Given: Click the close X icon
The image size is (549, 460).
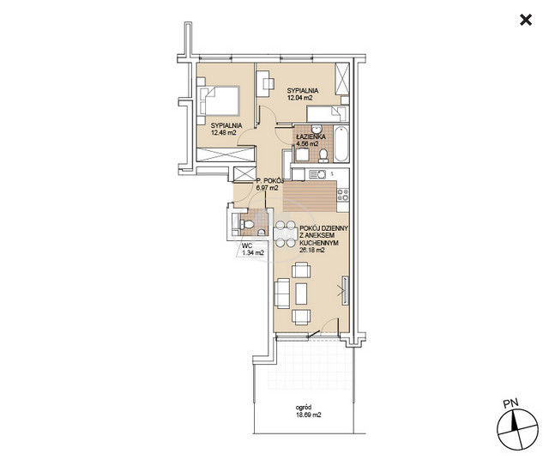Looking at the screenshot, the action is point(526,20).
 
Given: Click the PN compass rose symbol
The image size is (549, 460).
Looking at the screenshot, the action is point(517,429).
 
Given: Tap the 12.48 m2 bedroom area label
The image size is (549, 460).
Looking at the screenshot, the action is point(224,132).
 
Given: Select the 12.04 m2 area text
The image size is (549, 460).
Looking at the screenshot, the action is point(299,98).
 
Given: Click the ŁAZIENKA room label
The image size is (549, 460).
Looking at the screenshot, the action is point(311,136).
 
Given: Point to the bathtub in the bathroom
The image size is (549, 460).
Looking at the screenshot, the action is point(341,144).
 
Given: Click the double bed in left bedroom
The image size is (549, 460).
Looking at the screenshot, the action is point(218,101).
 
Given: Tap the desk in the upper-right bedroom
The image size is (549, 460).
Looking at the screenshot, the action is point(263,84).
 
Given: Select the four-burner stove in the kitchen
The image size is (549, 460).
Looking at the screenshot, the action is point(343,195).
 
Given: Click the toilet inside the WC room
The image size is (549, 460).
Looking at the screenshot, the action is point(247,224).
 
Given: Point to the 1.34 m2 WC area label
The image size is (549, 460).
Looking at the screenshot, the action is point(253,252).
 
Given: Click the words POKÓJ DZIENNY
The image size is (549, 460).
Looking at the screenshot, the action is point(324,228).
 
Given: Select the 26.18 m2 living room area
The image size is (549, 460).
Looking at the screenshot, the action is point(312,250).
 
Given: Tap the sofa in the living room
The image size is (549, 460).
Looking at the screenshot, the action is point(282,294).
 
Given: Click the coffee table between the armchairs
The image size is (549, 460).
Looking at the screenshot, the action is point(301,294).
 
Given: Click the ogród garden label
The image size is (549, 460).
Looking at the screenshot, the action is point(304,408).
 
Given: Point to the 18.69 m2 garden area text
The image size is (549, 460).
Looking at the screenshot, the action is point(308,415).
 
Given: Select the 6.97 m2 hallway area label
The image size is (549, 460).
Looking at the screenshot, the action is point(268,188).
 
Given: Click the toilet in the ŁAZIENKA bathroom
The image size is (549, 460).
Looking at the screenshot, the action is point(323,155).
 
